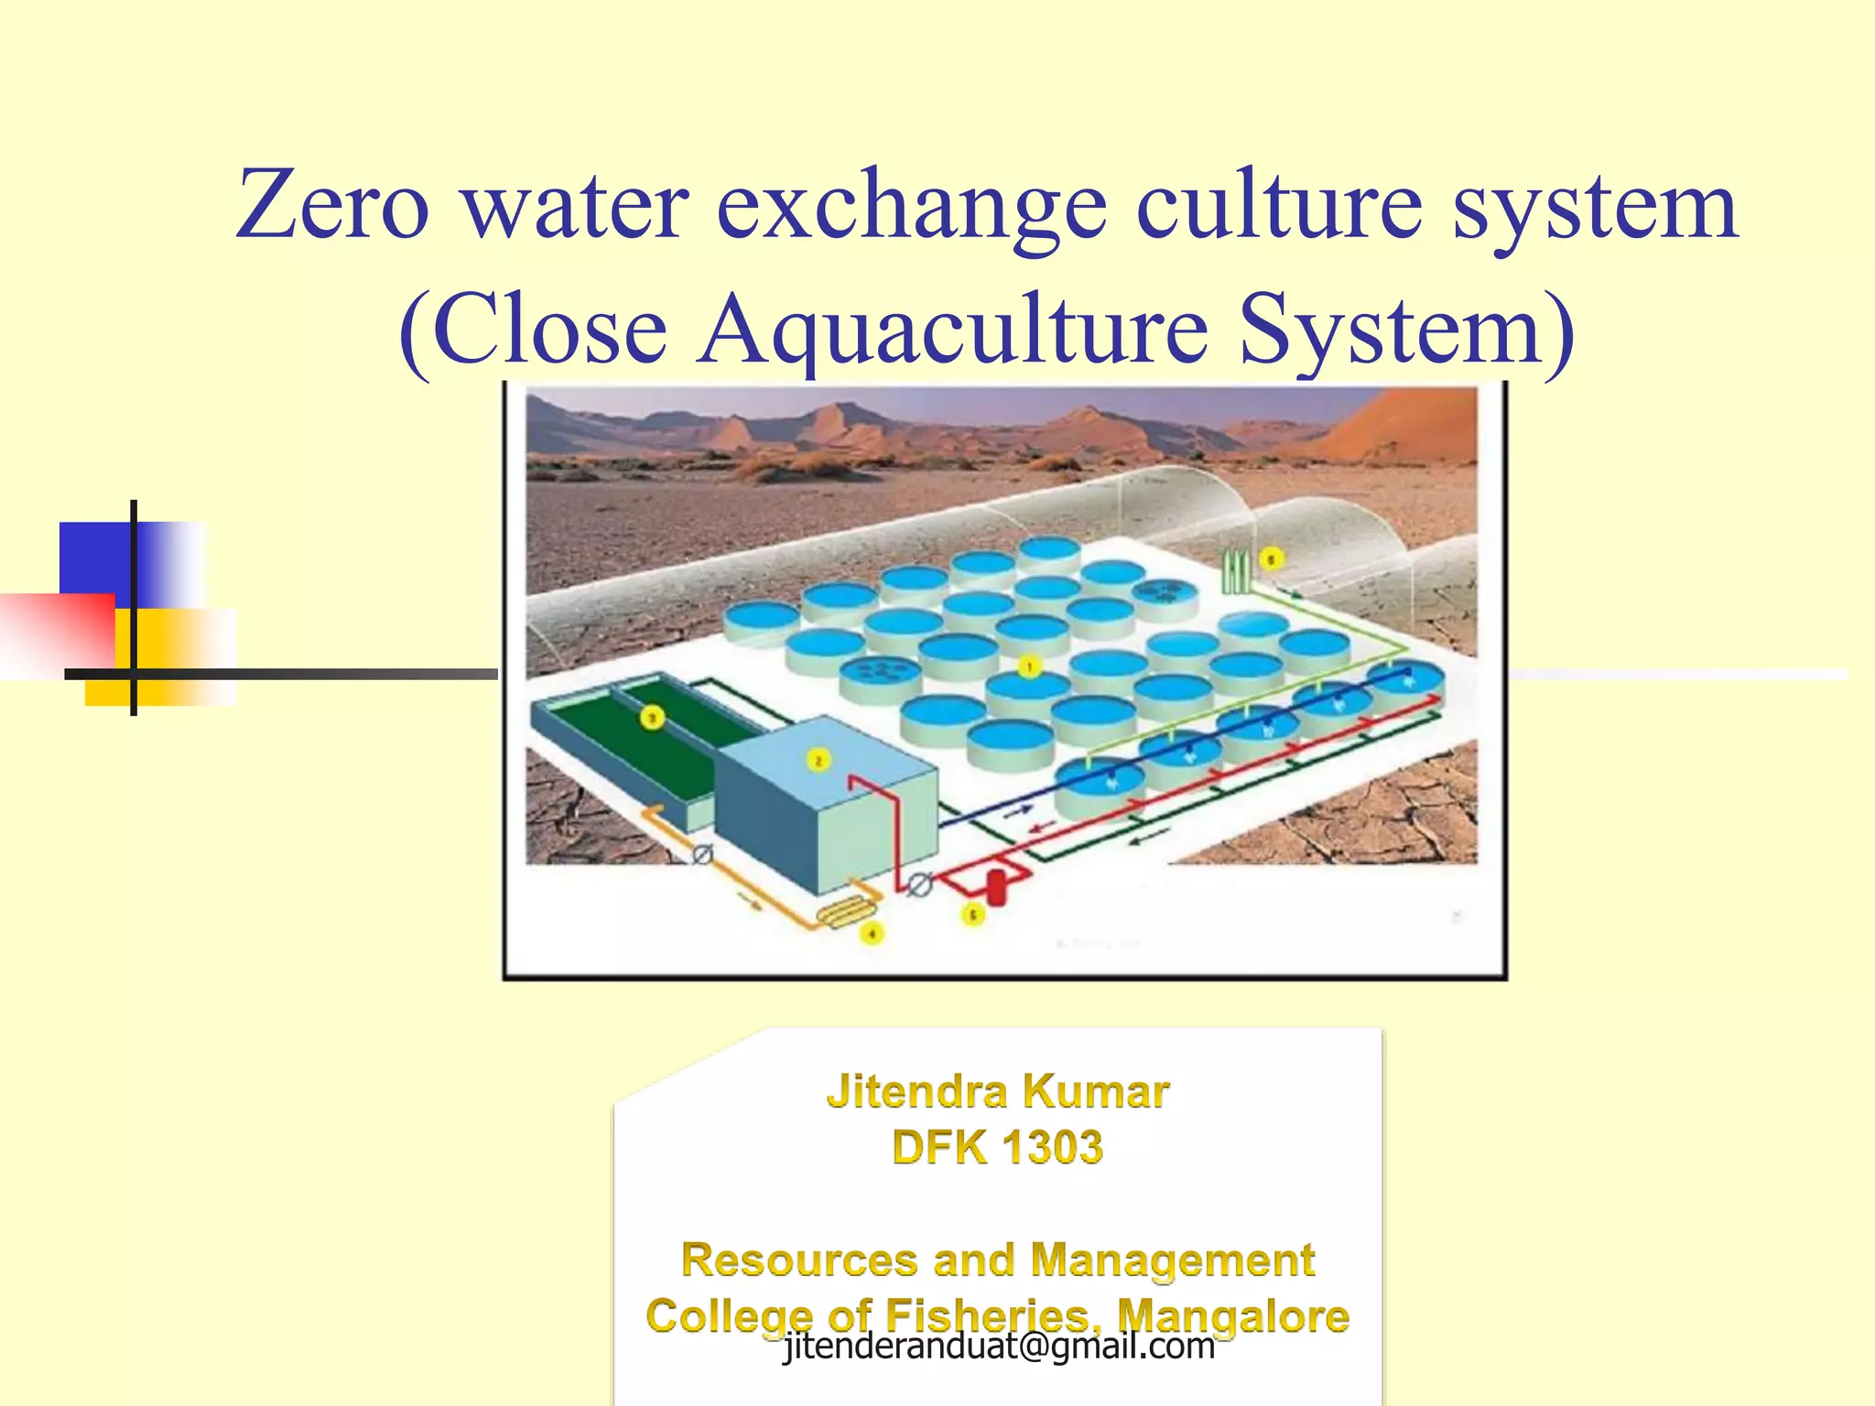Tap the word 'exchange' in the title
tap(911, 206)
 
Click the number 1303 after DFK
tap(1052, 1148)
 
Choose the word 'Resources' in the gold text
tap(800, 1260)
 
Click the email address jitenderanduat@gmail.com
tap(999, 1346)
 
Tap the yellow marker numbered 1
tap(1030, 666)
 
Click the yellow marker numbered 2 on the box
tap(818, 760)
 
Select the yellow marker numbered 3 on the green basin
tap(652, 718)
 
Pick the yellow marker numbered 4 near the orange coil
tap(872, 934)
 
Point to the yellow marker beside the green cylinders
tap(1271, 558)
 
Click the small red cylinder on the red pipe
tap(996, 887)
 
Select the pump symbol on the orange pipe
tap(702, 855)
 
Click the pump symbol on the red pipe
tap(919, 884)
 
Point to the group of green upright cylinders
tap(1236, 571)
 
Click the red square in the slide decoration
tap(58, 632)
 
